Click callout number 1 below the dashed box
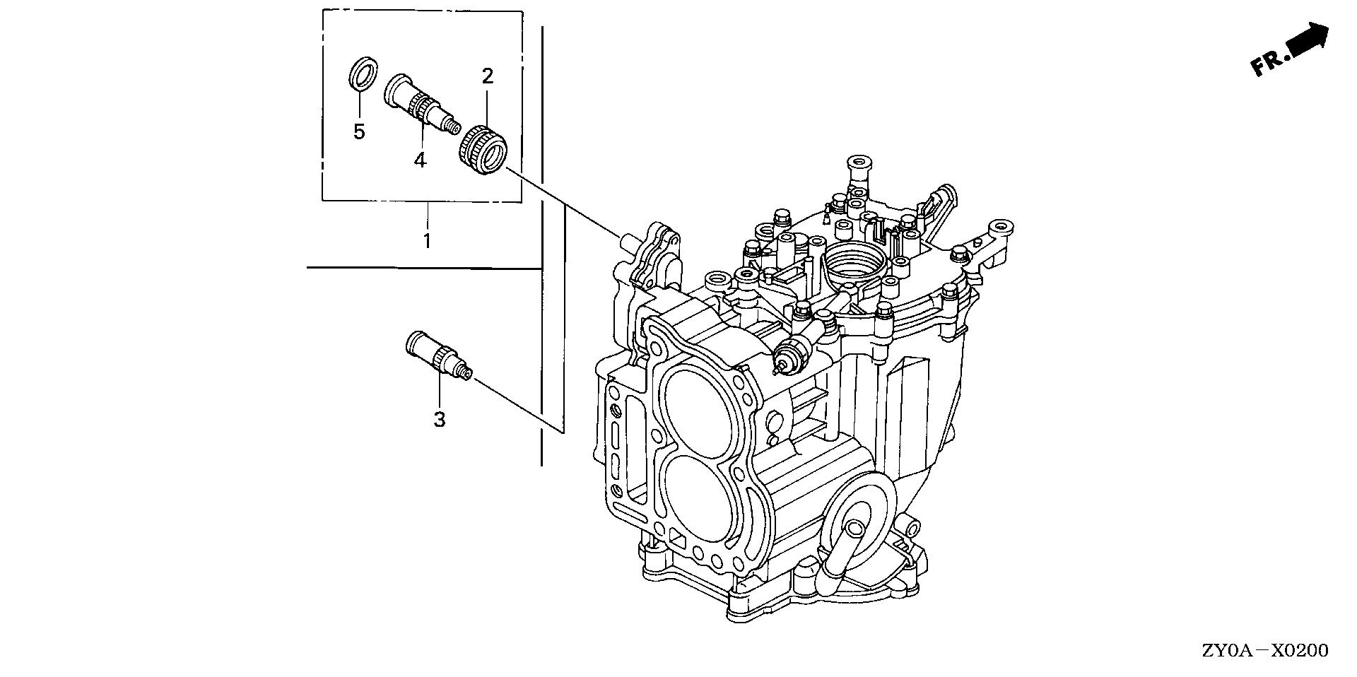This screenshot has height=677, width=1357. click(427, 240)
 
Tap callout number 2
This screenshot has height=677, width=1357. click(488, 76)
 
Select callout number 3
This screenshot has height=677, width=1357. click(440, 419)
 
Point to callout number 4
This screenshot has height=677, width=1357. click(421, 160)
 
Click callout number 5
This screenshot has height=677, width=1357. click(359, 131)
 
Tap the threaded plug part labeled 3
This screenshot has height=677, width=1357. click(438, 358)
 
